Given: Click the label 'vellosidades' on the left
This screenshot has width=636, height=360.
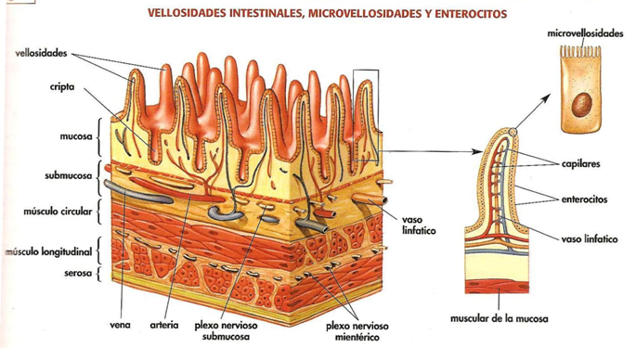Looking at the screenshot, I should coord(40,54).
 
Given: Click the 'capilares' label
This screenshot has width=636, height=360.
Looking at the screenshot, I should coord(580,164).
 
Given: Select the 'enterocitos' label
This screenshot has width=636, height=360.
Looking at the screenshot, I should coord(585,198).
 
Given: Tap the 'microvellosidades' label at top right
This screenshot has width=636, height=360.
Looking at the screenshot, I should coord(585,32).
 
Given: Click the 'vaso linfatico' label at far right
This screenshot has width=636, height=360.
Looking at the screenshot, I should coord(589,238).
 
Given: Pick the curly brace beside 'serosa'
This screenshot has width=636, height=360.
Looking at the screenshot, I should coord(99,273).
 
